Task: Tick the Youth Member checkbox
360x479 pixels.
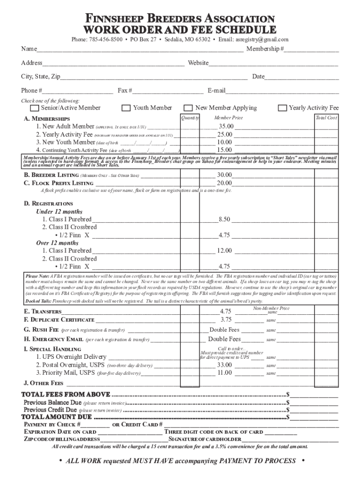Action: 126,108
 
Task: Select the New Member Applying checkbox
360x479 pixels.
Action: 188,108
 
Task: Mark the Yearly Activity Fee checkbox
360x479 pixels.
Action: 282,108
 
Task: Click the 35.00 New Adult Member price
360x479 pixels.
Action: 226,127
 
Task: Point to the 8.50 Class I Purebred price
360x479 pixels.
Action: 224,219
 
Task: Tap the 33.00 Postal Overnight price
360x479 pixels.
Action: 224,365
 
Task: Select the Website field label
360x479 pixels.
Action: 198,63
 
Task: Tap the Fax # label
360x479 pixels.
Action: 124,90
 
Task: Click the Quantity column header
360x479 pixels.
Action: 190,118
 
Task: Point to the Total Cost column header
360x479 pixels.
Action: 326,118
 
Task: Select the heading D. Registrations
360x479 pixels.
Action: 48,204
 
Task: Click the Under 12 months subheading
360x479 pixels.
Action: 59,211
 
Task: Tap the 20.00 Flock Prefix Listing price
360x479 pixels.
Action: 224,183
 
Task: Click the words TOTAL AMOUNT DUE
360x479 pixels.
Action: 57,417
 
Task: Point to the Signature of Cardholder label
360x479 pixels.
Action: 205,439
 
